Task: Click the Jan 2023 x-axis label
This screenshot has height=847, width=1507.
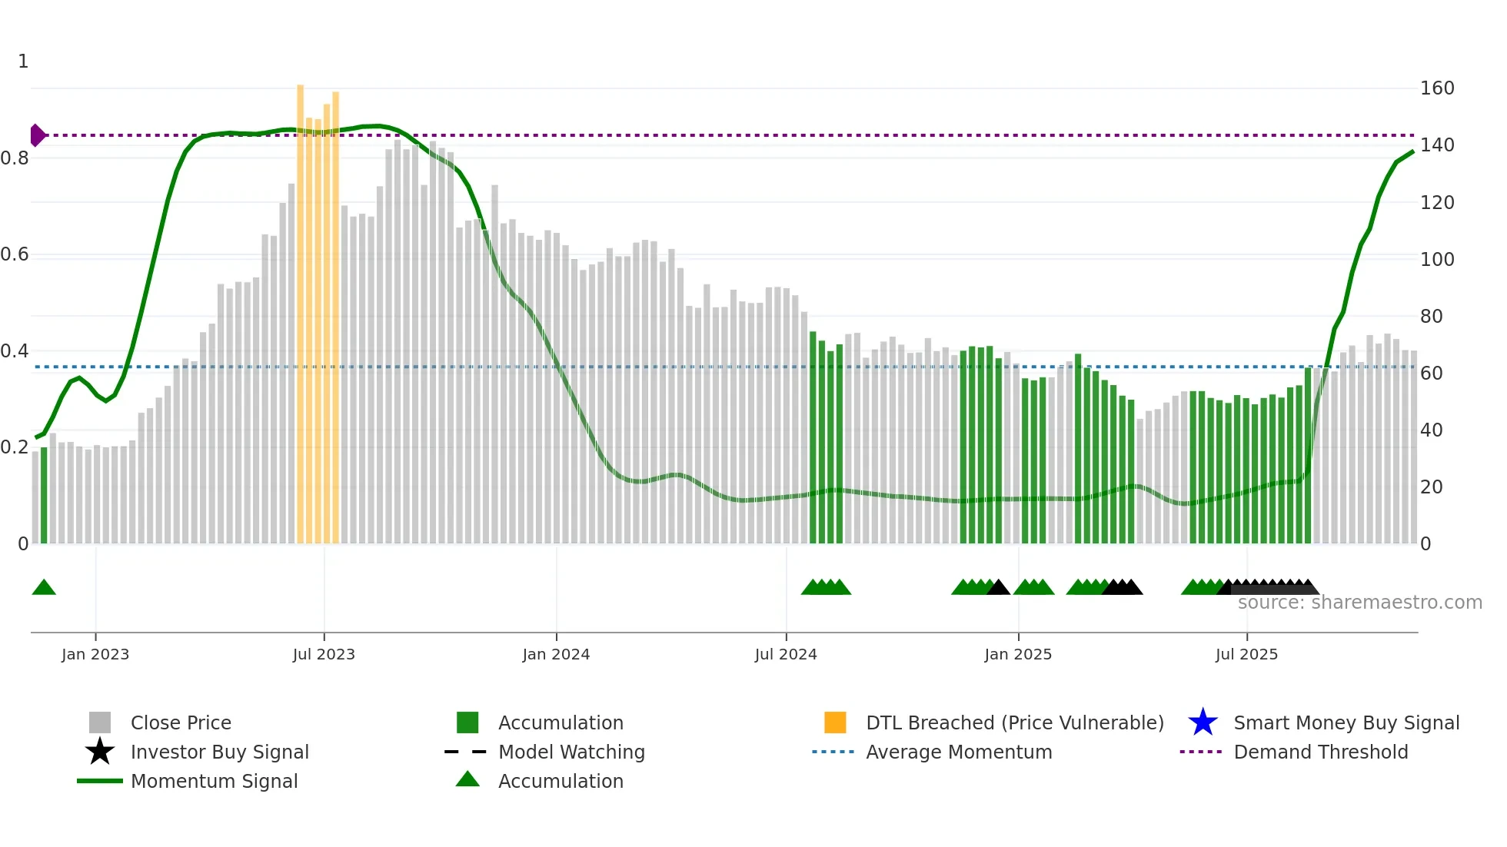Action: (x=95, y=654)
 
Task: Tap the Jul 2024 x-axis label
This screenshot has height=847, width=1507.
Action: (x=786, y=654)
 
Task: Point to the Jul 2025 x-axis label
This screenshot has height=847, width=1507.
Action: (x=1246, y=654)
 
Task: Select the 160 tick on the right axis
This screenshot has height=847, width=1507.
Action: (x=1436, y=88)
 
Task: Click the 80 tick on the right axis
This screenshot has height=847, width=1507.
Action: (x=1431, y=316)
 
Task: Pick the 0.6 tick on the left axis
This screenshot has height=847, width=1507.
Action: (x=15, y=254)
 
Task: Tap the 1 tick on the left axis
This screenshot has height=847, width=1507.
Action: (x=23, y=61)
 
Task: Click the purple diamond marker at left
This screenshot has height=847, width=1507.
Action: (x=37, y=135)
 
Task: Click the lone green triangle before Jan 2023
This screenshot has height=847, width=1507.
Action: (x=44, y=588)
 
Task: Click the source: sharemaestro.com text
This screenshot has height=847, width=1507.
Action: (x=1359, y=603)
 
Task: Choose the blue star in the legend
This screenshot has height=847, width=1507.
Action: (x=1203, y=722)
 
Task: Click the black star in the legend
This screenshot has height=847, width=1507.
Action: (x=100, y=752)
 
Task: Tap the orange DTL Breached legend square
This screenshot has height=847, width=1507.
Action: (x=835, y=722)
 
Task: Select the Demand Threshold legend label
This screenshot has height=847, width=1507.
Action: (x=1320, y=752)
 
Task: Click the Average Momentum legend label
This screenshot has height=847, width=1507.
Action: (x=959, y=752)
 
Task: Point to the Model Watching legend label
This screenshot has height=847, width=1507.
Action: (x=571, y=752)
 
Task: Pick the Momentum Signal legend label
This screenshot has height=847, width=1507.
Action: (x=214, y=781)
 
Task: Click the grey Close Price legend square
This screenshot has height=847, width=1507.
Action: (x=100, y=722)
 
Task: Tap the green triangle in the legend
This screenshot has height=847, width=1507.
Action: (x=467, y=779)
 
